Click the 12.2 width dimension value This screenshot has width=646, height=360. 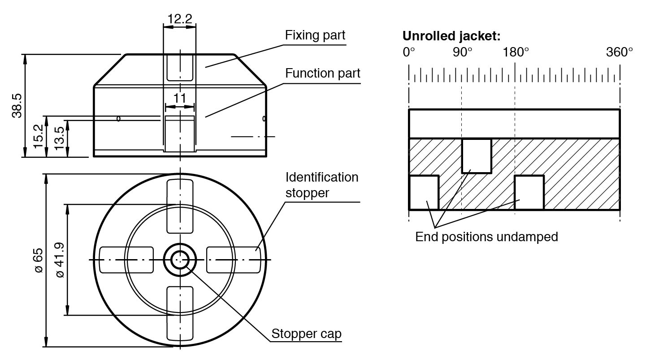click(179, 19)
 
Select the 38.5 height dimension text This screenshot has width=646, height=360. click(17, 105)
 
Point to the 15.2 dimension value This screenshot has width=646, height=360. click(38, 137)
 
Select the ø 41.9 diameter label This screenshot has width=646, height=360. click(59, 260)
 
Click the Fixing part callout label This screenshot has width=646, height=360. click(315, 35)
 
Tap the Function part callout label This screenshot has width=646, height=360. click(323, 73)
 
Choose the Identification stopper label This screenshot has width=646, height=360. click(322, 185)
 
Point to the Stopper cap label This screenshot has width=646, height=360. click(306, 334)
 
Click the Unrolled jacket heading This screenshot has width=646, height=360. click(451, 36)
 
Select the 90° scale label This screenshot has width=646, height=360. click(462, 52)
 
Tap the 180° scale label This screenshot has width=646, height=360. click(516, 52)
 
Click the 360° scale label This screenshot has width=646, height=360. click(620, 52)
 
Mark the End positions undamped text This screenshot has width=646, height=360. click(486, 237)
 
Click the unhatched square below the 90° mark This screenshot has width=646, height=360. click(477, 156)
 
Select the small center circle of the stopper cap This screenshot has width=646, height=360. click(180, 260)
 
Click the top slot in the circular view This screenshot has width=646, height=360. click(180, 206)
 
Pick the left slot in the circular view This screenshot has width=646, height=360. click(126, 260)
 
